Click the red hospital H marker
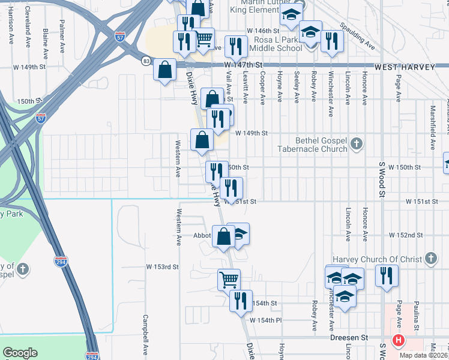point(397,341)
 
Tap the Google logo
point(20,353)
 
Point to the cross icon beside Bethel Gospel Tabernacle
point(357,143)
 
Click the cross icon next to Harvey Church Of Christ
point(430,259)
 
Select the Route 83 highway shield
point(146,61)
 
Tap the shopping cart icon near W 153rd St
point(229,279)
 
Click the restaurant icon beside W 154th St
point(241,299)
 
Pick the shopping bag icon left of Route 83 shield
point(164,70)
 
